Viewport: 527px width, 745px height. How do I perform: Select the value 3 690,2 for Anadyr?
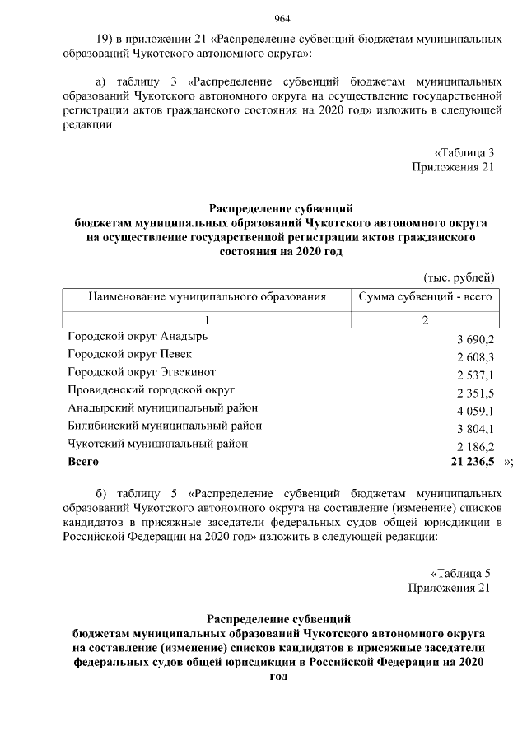coord(475,339)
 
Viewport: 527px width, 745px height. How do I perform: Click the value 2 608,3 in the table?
coord(475,357)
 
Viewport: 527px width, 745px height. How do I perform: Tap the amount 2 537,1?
coord(475,375)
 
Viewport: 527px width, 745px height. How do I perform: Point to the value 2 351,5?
coord(475,393)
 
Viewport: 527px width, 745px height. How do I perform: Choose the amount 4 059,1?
coord(475,411)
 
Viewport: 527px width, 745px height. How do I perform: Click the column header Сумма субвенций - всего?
coord(425,296)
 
